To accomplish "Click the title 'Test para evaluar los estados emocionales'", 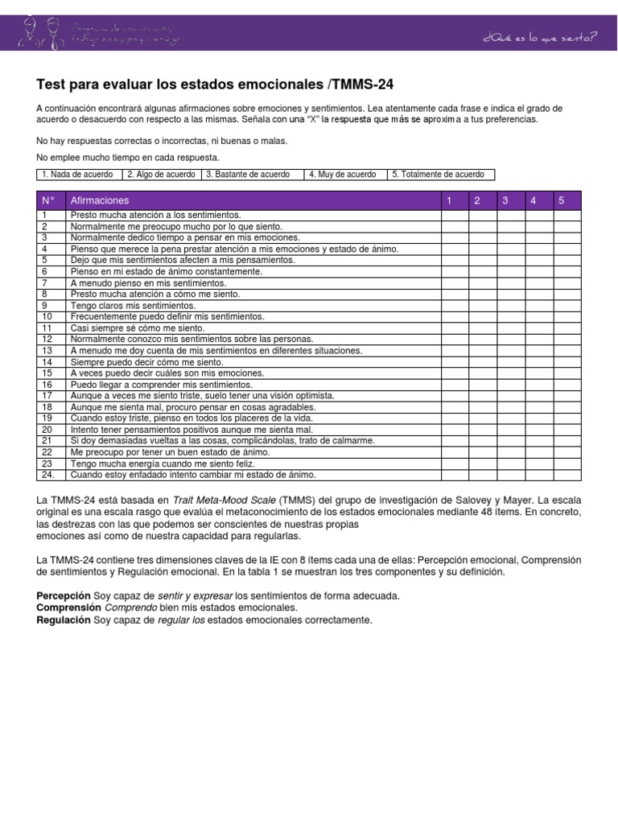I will (216, 84).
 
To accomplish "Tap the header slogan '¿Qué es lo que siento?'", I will (539, 36).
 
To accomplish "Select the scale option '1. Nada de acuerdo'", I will (77, 175).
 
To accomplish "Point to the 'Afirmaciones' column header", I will (100, 200).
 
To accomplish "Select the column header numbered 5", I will (562, 200).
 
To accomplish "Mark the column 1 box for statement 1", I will (455, 216).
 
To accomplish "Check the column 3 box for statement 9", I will (511, 306).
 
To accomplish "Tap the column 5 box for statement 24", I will (566, 475).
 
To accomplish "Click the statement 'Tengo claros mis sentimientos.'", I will (133, 306).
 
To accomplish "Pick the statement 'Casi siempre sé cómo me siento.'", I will (138, 328).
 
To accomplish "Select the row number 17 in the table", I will (47, 396).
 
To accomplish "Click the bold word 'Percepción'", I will (64, 595).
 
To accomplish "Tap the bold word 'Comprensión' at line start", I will (69, 608).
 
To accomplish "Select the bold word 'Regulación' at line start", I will (64, 620).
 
